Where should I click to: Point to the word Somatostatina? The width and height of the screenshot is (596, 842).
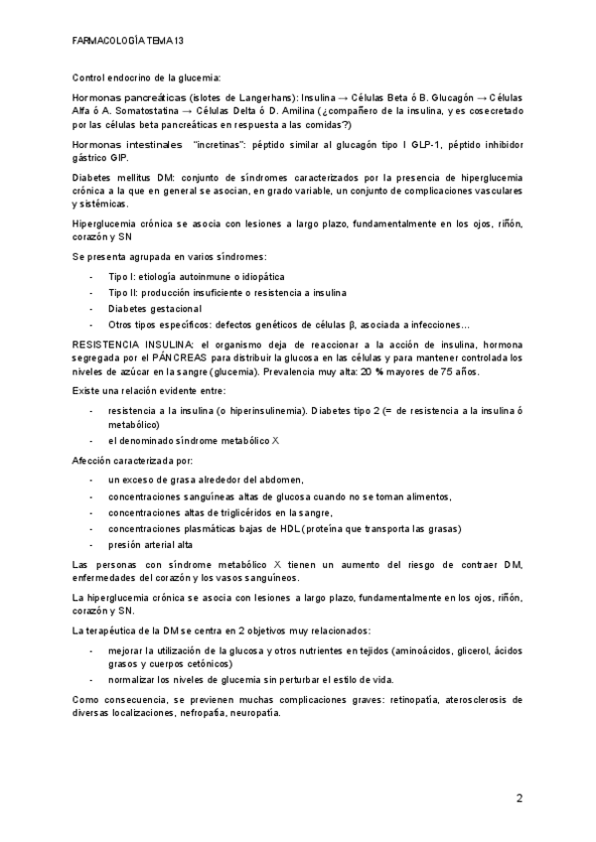pyautogui.click(x=140, y=112)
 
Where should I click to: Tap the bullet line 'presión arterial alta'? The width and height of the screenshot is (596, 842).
pyautogui.click(x=150, y=545)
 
